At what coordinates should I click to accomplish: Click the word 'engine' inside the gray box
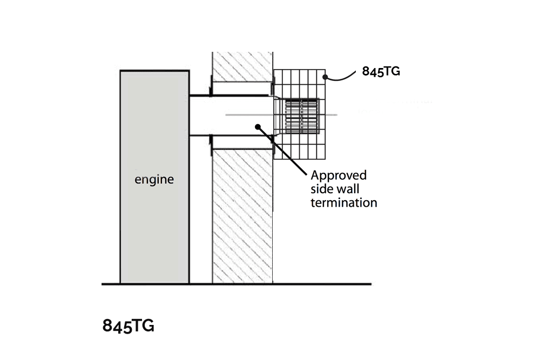154,179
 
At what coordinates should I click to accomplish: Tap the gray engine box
154,232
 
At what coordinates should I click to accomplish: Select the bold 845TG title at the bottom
129,326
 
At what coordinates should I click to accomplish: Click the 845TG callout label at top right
381,71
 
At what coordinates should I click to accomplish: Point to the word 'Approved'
339,175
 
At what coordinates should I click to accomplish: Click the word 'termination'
343,203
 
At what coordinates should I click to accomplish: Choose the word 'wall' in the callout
346,189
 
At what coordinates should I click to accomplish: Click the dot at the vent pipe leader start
258,127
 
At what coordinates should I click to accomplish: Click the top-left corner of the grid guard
274,70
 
